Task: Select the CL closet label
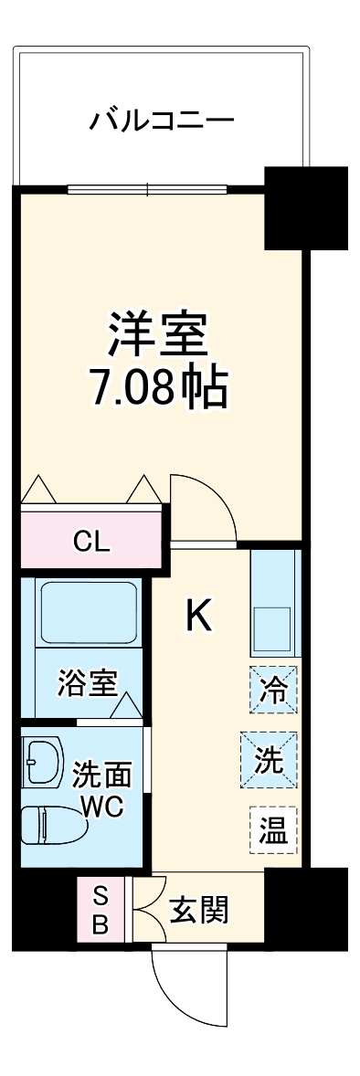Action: pyautogui.click(x=91, y=543)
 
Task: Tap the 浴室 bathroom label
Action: pyautogui.click(x=88, y=684)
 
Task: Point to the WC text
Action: pyautogui.click(x=102, y=807)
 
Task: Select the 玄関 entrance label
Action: pyautogui.click(x=199, y=911)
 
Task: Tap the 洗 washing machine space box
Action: pyautogui.click(x=269, y=759)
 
